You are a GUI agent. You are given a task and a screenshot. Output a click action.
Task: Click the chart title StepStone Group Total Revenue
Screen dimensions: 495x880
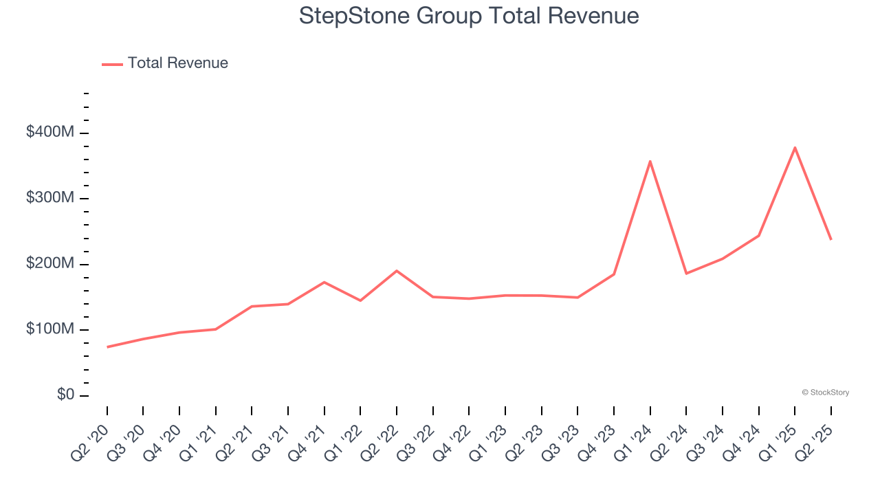tap(469, 16)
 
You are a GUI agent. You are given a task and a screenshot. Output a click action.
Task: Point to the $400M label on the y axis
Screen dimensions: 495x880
tap(50, 132)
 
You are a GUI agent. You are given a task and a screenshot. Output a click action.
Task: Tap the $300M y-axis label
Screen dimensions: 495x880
tap(50, 198)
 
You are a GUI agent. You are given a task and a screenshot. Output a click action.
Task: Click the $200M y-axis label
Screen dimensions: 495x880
tap(50, 264)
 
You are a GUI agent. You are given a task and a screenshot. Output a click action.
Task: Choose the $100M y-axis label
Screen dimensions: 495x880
tap(50, 329)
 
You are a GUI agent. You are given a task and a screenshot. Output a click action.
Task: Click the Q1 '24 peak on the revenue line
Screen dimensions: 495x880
tap(650, 162)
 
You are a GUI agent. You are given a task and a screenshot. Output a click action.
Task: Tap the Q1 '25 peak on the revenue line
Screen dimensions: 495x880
tap(795, 148)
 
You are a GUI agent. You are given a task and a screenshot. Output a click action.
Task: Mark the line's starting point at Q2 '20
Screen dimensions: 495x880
tap(107, 347)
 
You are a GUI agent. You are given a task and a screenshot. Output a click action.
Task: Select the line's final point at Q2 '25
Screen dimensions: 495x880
tap(830, 239)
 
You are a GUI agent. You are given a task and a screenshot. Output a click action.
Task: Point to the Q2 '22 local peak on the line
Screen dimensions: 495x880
tap(397, 271)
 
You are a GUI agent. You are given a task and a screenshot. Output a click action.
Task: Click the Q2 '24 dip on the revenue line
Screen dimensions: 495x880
tap(686, 274)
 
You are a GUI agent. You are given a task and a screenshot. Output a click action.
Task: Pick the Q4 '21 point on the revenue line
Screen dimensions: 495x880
tap(324, 282)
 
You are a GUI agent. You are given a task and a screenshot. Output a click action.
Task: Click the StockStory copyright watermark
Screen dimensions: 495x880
tap(825, 393)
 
